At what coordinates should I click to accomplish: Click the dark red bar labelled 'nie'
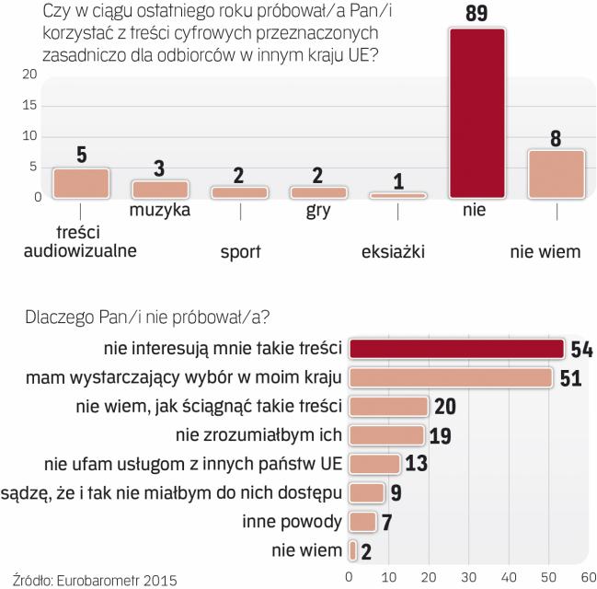tap(477, 113)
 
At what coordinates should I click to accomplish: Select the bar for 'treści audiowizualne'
tap(81, 183)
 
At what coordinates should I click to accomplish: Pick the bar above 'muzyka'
tap(161, 189)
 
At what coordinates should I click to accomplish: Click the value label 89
tap(476, 13)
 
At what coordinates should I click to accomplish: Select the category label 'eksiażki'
tap(399, 249)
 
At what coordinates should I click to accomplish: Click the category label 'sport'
tap(240, 249)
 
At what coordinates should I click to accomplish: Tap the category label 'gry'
tap(318, 210)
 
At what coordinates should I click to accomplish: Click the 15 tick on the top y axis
tap(31, 105)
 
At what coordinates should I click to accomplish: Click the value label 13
tap(417, 464)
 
